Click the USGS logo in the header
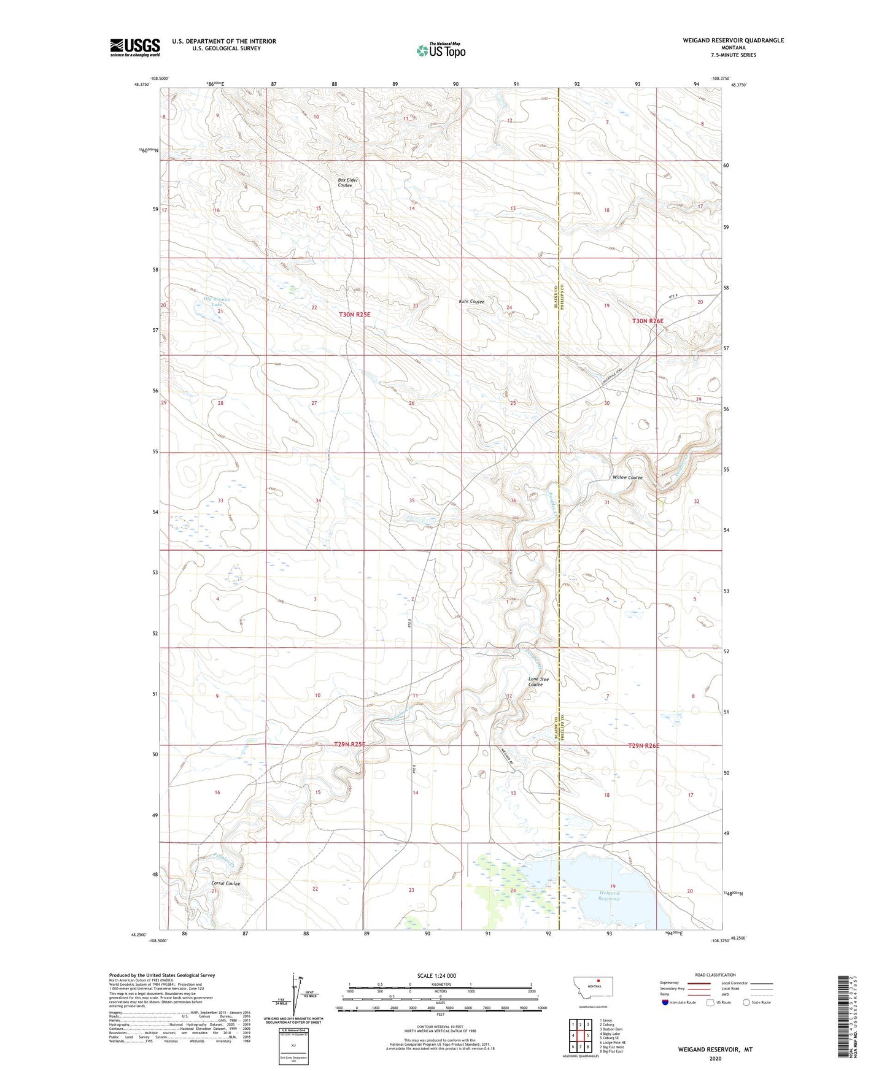tap(135, 47)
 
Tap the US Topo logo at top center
tap(440, 50)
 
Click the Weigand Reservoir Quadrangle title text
tap(733, 40)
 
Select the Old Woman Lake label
tap(217, 301)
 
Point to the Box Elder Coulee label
tap(347, 183)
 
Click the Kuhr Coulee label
tap(471, 302)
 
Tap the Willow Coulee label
tap(627, 477)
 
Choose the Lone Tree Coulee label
tap(538, 681)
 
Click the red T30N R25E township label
tap(355, 315)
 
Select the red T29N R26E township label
tap(644, 745)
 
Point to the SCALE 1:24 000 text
tap(436, 976)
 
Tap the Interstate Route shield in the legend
tap(665, 1003)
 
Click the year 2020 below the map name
tap(715, 1058)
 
